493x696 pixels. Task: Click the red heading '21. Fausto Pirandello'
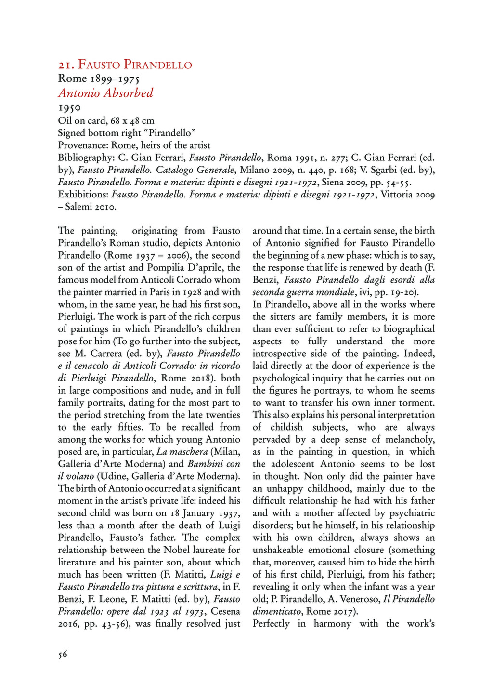(x=125, y=65)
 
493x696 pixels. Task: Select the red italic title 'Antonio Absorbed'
(x=105, y=93)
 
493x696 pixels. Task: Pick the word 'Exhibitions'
(x=83, y=195)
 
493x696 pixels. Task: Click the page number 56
(x=63, y=654)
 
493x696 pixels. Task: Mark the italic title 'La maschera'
(x=182, y=452)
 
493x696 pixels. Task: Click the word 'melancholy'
(x=410, y=439)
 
